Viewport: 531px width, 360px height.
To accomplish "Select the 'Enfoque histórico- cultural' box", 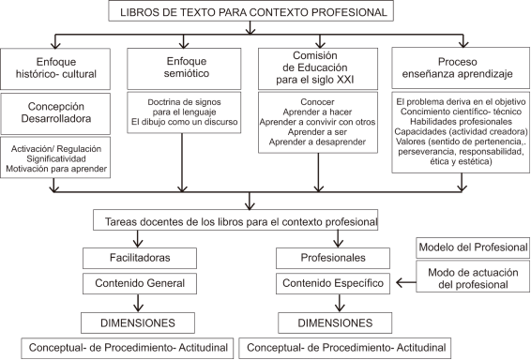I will [57, 66].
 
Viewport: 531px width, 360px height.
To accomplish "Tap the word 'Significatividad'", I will [58, 158].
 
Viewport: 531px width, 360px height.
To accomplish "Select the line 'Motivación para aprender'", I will [58, 169].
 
